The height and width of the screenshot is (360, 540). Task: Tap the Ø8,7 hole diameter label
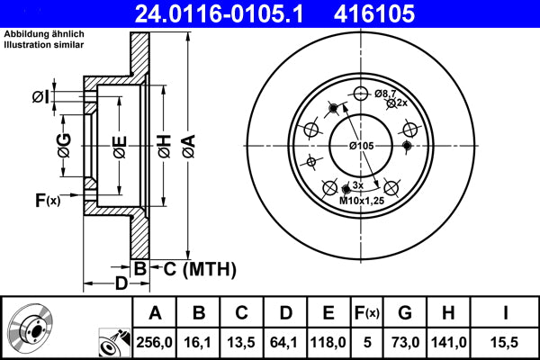point(384,93)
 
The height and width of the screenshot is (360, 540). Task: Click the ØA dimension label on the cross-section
point(188,144)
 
